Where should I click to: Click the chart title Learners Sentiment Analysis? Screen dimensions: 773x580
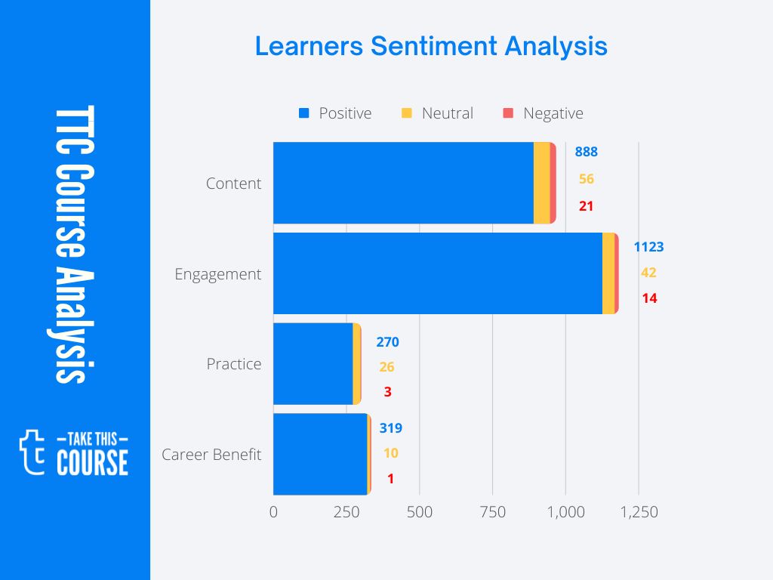[431, 47]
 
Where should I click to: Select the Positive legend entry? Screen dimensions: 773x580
[335, 113]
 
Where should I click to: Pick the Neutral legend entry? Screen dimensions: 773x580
[437, 113]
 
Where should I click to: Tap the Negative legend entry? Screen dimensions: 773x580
[543, 113]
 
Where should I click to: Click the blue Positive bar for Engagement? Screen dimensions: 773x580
[438, 273]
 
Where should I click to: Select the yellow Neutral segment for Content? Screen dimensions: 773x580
[542, 183]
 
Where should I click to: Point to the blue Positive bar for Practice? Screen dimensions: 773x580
[313, 364]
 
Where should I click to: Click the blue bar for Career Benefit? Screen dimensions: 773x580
[320, 454]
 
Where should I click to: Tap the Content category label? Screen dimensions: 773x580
[234, 184]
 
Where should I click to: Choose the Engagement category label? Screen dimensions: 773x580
[218, 274]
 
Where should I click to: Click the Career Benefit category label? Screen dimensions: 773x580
[211, 454]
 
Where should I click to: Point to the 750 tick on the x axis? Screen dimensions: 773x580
[493, 512]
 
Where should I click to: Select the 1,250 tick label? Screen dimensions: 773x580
[639, 512]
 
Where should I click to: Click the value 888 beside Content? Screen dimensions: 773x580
[586, 151]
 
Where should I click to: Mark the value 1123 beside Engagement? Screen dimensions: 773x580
[648, 247]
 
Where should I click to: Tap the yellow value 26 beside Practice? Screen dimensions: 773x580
[387, 367]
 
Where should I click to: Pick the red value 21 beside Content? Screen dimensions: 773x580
[586, 206]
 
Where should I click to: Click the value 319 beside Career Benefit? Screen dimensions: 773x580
[391, 428]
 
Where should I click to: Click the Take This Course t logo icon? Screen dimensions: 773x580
[32, 452]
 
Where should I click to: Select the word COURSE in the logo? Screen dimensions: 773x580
[93, 462]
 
